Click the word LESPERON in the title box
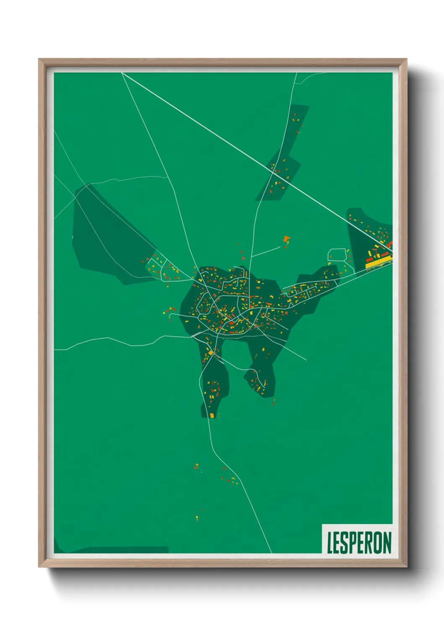tap(359, 543)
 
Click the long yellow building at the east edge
tap(378, 263)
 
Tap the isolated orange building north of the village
tap(286, 239)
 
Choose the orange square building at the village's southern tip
tap(212, 415)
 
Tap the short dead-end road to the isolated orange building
tap(266, 251)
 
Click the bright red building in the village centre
tap(231, 323)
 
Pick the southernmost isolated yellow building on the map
tap(196, 517)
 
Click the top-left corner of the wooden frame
tap(39, 60)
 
